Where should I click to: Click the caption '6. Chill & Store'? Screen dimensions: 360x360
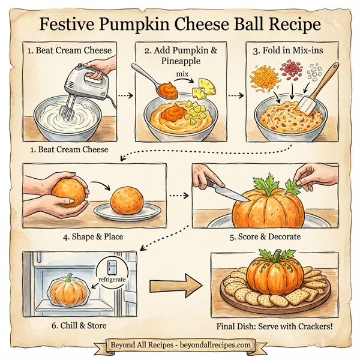[x=79, y=326]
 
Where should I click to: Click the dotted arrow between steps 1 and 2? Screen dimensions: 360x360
[x=123, y=95]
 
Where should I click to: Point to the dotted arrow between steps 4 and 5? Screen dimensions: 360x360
[x=178, y=195]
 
